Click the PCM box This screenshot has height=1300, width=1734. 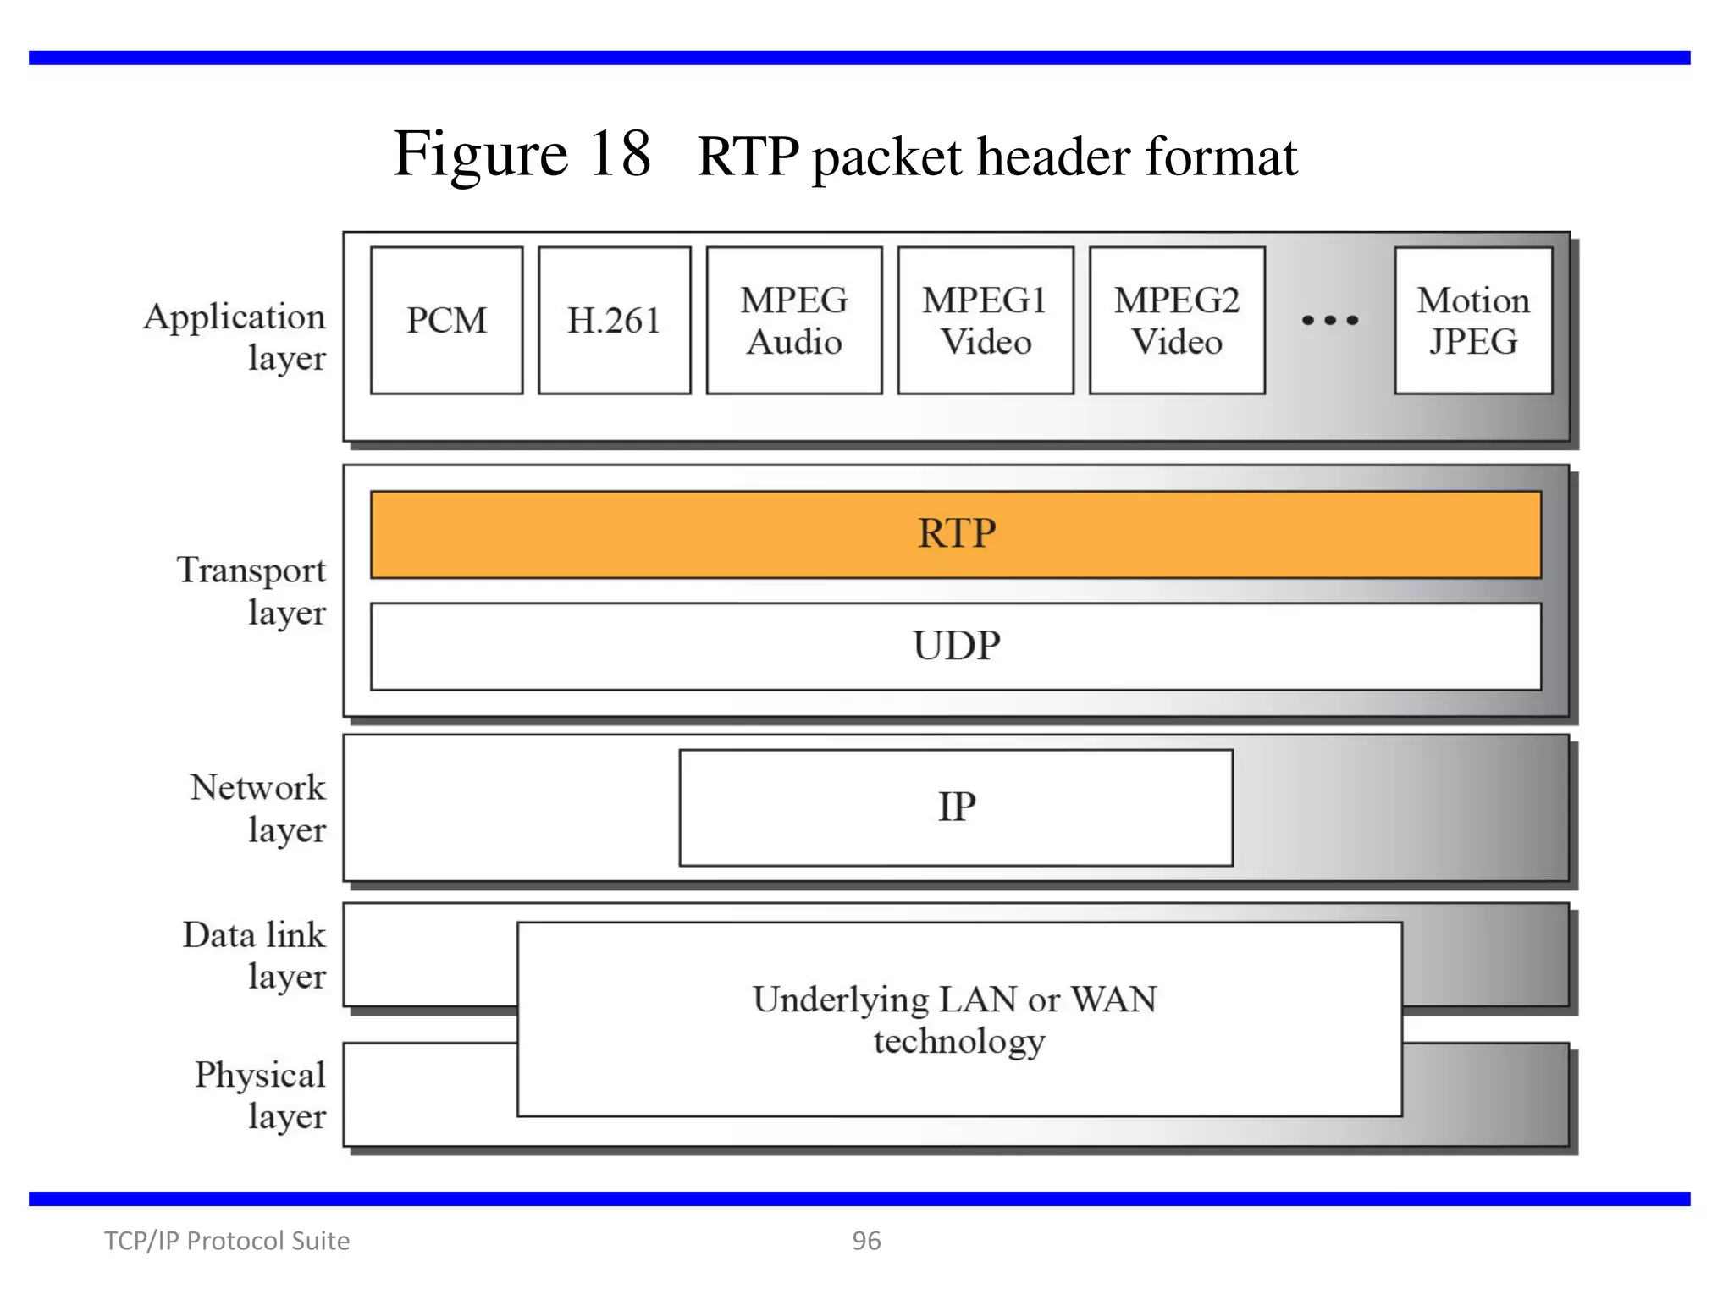(446, 321)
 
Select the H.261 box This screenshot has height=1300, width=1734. (614, 321)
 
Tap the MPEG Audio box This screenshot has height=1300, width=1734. (794, 321)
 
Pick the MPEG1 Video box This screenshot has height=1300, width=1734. (986, 321)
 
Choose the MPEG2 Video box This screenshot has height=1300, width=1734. (1177, 321)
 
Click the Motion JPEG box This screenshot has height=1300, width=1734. (1473, 321)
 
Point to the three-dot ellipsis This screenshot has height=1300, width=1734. (1330, 321)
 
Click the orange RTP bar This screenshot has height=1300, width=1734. (956, 534)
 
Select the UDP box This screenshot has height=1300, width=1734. (956, 646)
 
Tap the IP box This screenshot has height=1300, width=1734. (956, 807)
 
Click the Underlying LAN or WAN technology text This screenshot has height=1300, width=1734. (956, 1020)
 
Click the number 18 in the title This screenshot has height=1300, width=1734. (620, 154)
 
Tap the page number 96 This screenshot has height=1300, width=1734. (866, 1241)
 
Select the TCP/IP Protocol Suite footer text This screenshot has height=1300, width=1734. (227, 1241)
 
